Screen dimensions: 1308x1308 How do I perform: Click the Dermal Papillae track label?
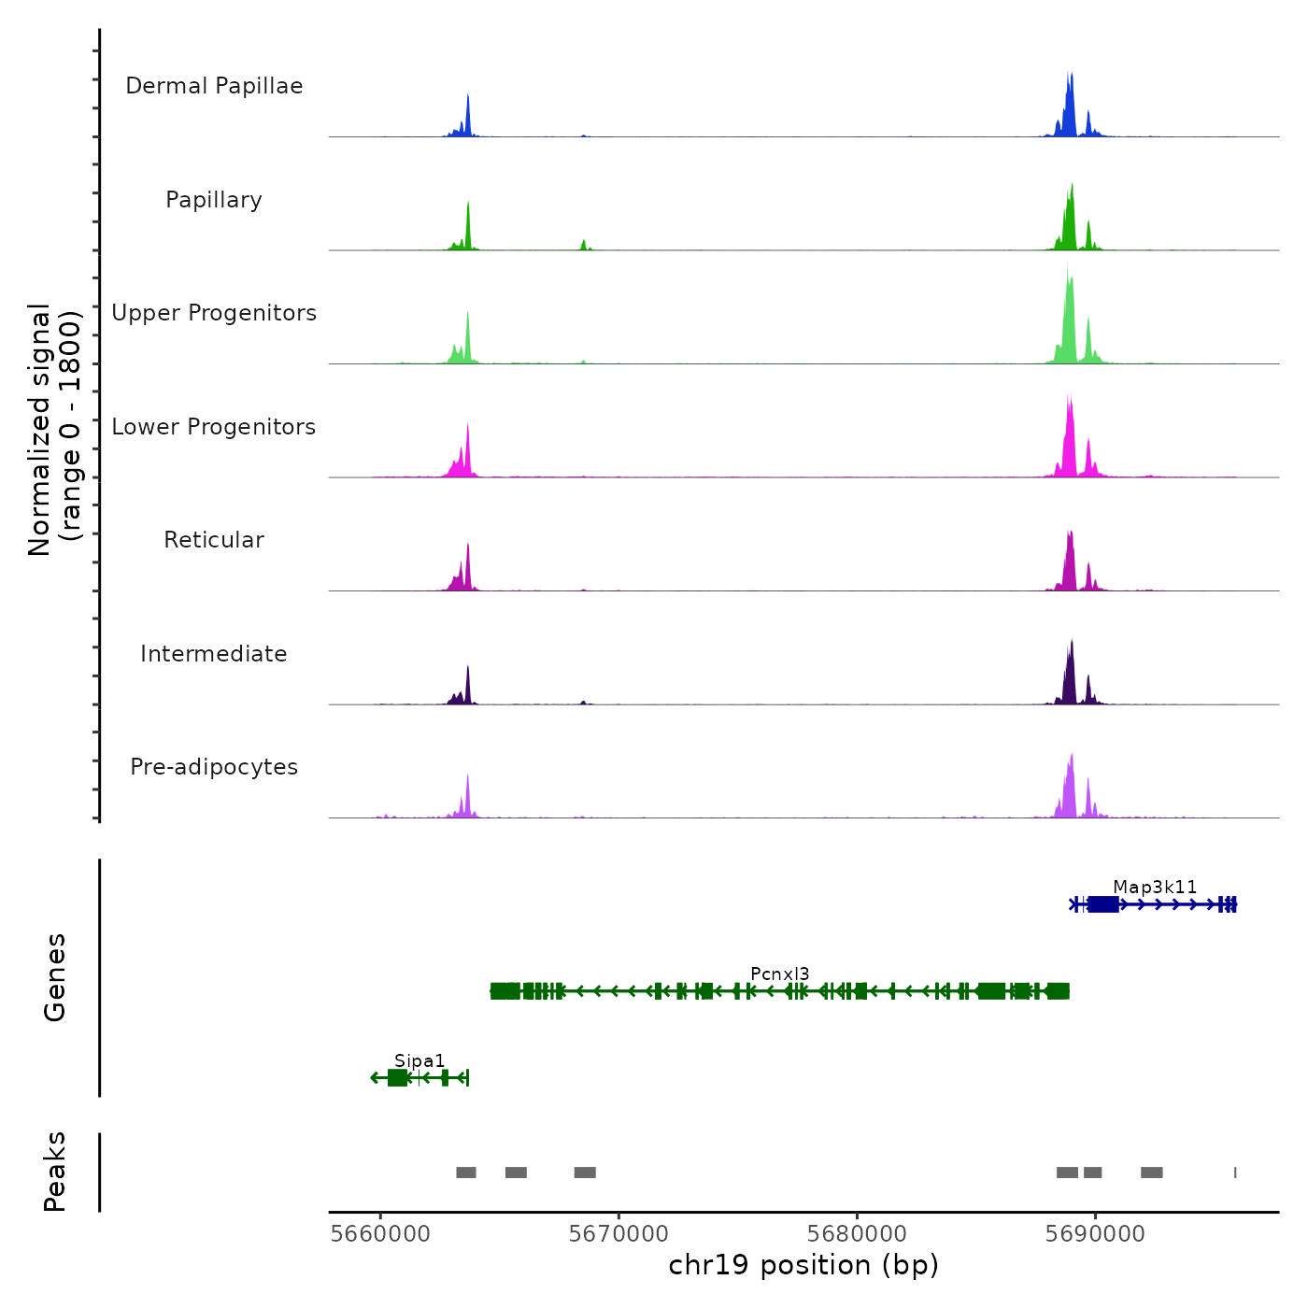214,86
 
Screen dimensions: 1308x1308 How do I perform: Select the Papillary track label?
214,200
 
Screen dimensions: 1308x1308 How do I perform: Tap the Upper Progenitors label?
214,313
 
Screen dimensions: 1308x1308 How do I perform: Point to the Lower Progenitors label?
214,427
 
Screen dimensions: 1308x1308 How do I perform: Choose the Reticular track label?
214,540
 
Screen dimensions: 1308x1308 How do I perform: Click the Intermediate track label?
214,654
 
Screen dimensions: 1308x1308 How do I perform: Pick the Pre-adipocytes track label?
214,767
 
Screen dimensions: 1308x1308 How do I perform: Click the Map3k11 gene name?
1155,887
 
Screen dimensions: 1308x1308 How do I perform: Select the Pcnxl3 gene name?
780,974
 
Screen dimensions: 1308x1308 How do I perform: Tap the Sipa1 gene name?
419,1060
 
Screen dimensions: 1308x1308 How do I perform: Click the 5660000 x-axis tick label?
380,1233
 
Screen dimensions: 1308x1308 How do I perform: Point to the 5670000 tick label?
618,1233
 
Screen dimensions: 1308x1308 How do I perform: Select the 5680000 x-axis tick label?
857,1233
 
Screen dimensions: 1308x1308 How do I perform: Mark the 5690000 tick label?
1095,1233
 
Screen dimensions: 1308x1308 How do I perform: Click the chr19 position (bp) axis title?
803,1265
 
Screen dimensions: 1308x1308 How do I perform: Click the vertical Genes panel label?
55,977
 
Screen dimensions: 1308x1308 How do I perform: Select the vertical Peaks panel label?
55,1172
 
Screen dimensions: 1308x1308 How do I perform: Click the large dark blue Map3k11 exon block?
1103,904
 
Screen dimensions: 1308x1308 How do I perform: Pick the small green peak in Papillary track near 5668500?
583,246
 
